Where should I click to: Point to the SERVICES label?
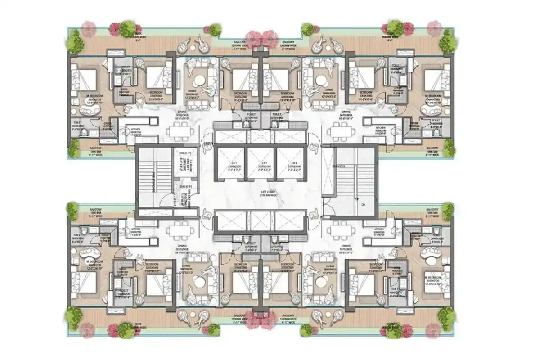point(339,167)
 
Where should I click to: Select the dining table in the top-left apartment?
point(180,131)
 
